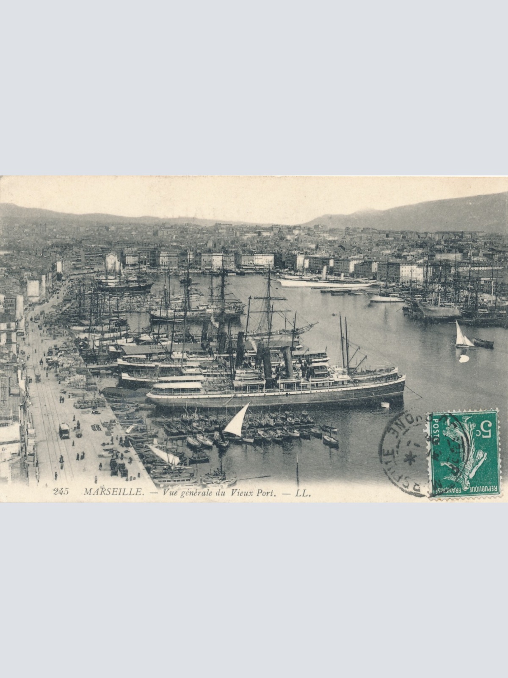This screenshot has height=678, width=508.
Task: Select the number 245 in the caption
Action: point(61,492)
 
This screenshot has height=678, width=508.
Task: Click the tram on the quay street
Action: point(64,431)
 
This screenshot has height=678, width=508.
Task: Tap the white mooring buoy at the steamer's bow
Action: point(384,405)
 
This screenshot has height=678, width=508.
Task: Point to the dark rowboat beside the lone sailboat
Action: point(483,343)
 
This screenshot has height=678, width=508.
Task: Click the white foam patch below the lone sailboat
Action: point(464,358)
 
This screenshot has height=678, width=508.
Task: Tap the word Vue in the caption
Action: point(166,492)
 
